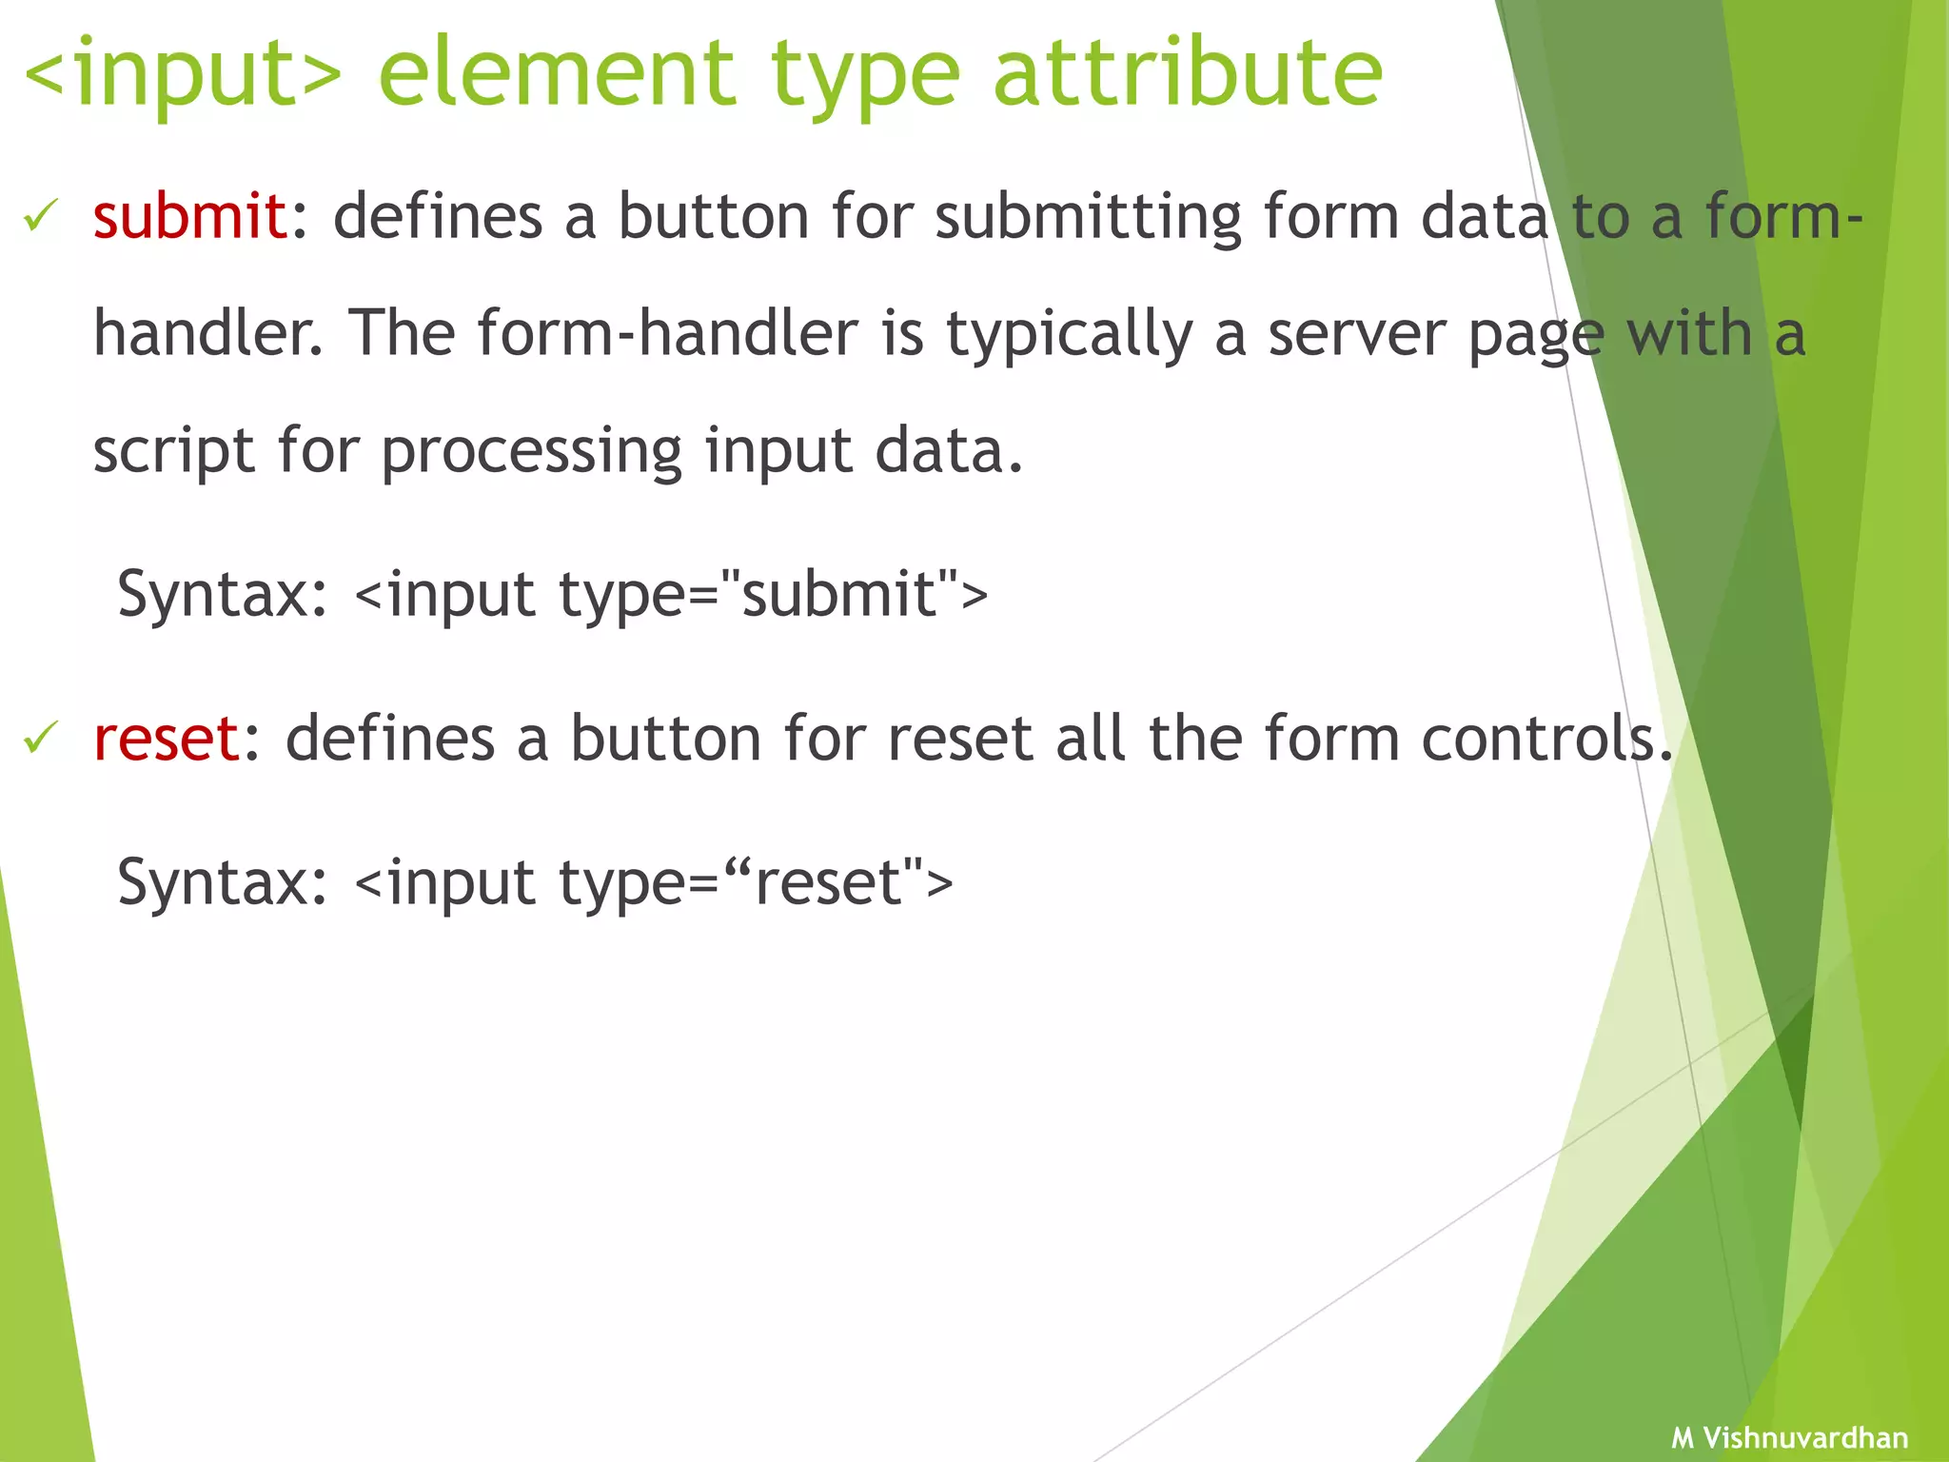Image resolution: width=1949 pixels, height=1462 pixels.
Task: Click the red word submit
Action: (189, 216)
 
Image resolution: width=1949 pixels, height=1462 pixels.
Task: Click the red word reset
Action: (167, 739)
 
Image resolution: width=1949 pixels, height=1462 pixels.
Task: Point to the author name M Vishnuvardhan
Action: (1789, 1437)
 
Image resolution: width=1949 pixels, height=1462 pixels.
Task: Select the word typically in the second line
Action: (1069, 335)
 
